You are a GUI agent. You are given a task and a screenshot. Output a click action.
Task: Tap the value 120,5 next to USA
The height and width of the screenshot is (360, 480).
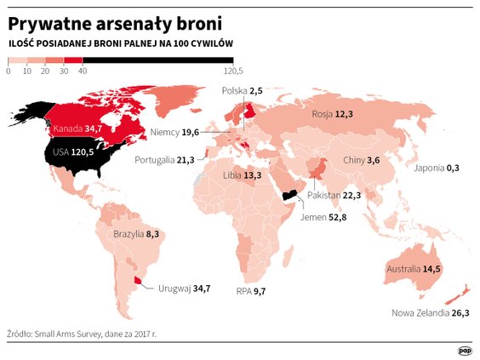[82, 151]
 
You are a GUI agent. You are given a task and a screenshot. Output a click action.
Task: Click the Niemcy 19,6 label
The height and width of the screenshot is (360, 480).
[174, 132]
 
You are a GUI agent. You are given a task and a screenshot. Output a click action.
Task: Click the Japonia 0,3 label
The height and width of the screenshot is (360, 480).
[436, 168]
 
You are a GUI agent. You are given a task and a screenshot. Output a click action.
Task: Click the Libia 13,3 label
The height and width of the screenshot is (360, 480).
[240, 175]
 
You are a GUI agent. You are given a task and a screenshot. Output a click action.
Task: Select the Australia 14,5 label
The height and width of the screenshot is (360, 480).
[414, 269]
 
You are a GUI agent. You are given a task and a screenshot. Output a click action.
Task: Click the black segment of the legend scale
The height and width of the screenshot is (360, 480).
[157, 60]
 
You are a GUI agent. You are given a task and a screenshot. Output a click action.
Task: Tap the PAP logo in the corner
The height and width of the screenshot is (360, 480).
[465, 349]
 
